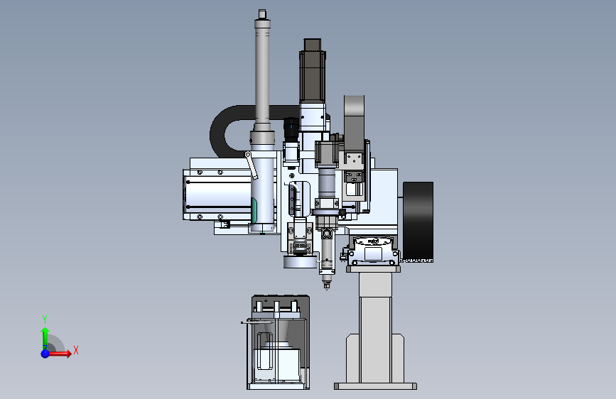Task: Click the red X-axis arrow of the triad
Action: point(59,354)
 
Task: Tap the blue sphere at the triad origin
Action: point(45,354)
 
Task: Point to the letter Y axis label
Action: point(45,319)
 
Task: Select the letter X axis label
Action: point(76,350)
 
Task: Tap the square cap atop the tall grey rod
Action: point(262,14)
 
